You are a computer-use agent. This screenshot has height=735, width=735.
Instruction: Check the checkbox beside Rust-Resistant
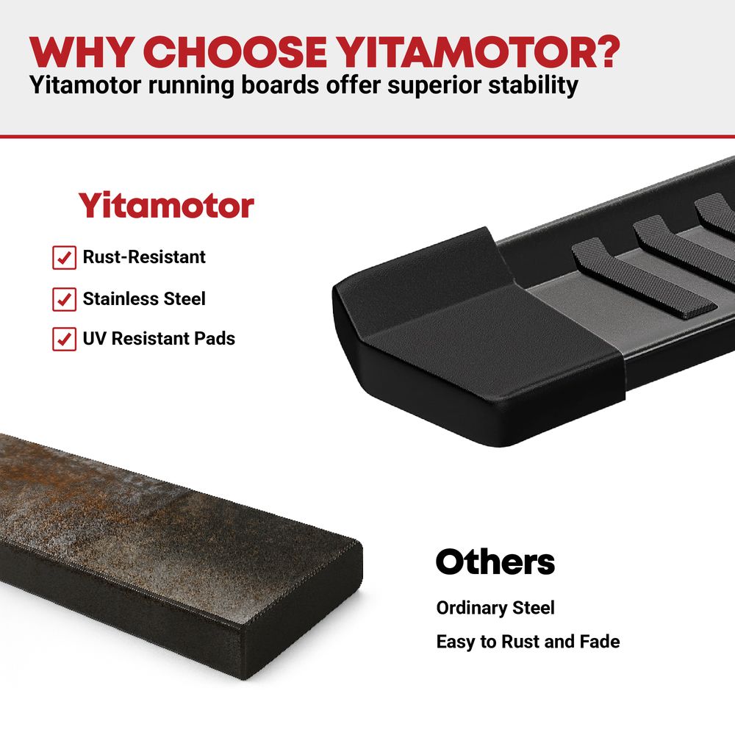tap(64, 257)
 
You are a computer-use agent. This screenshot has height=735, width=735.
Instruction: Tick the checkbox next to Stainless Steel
tap(64, 299)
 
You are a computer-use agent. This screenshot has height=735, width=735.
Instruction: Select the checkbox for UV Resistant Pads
tap(64, 339)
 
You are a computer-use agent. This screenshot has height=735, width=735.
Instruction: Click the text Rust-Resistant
tap(144, 257)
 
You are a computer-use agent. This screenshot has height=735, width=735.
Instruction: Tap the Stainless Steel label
tap(144, 298)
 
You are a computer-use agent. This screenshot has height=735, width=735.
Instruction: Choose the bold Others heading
tap(495, 562)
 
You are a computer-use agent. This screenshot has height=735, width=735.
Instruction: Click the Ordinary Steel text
tap(495, 608)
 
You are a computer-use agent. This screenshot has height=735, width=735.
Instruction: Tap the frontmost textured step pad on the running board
tap(642, 279)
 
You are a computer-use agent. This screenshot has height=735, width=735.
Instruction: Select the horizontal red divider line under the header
tap(367, 137)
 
